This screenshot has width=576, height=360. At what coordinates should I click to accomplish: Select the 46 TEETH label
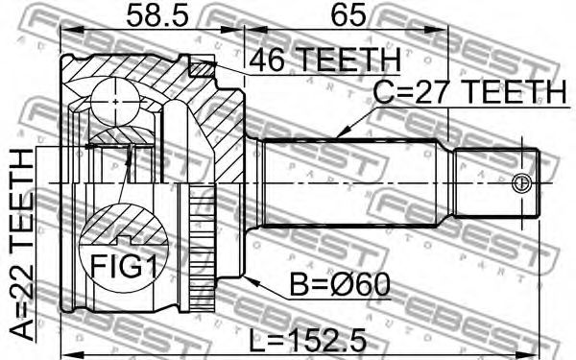[x=324, y=60]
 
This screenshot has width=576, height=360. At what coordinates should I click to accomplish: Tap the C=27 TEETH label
[x=469, y=92]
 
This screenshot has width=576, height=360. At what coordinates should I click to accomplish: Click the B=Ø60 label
[x=340, y=285]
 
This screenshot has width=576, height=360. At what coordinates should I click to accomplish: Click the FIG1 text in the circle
[x=123, y=266]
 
